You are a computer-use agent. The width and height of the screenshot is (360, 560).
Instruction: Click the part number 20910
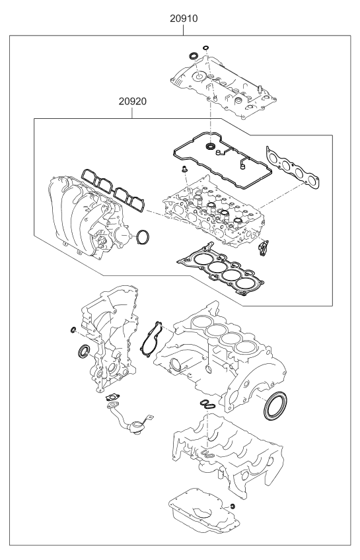184,18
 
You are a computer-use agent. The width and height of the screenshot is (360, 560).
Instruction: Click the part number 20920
133,102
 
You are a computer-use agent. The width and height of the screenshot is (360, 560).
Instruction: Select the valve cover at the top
225,87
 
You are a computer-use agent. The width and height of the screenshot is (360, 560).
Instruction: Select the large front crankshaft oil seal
85,351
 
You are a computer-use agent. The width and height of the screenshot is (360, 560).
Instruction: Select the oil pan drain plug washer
233,506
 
